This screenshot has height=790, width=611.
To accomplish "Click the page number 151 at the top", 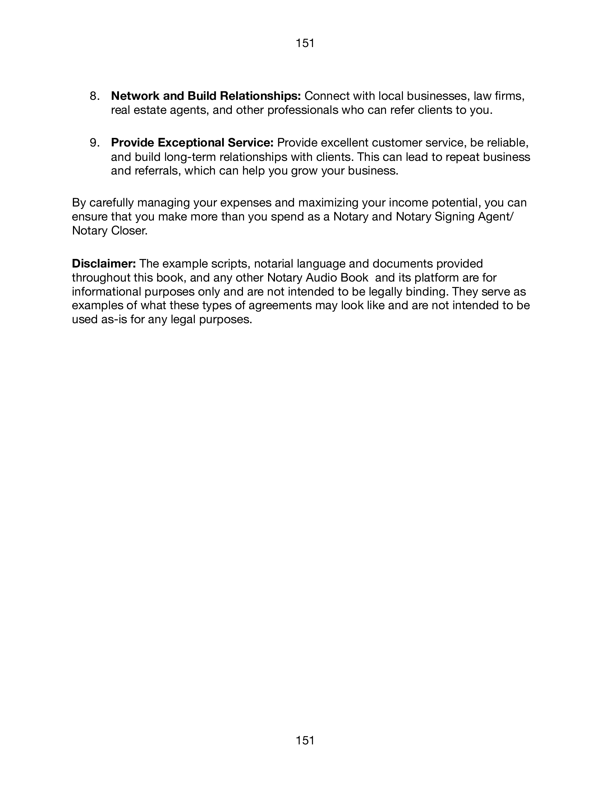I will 305,43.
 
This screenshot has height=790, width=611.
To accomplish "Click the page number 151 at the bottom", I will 305,740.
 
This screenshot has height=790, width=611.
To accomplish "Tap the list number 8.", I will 95,96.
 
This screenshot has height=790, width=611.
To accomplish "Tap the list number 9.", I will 95,143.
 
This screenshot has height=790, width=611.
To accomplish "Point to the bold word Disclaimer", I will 104,264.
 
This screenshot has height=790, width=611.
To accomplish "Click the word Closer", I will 129,231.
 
